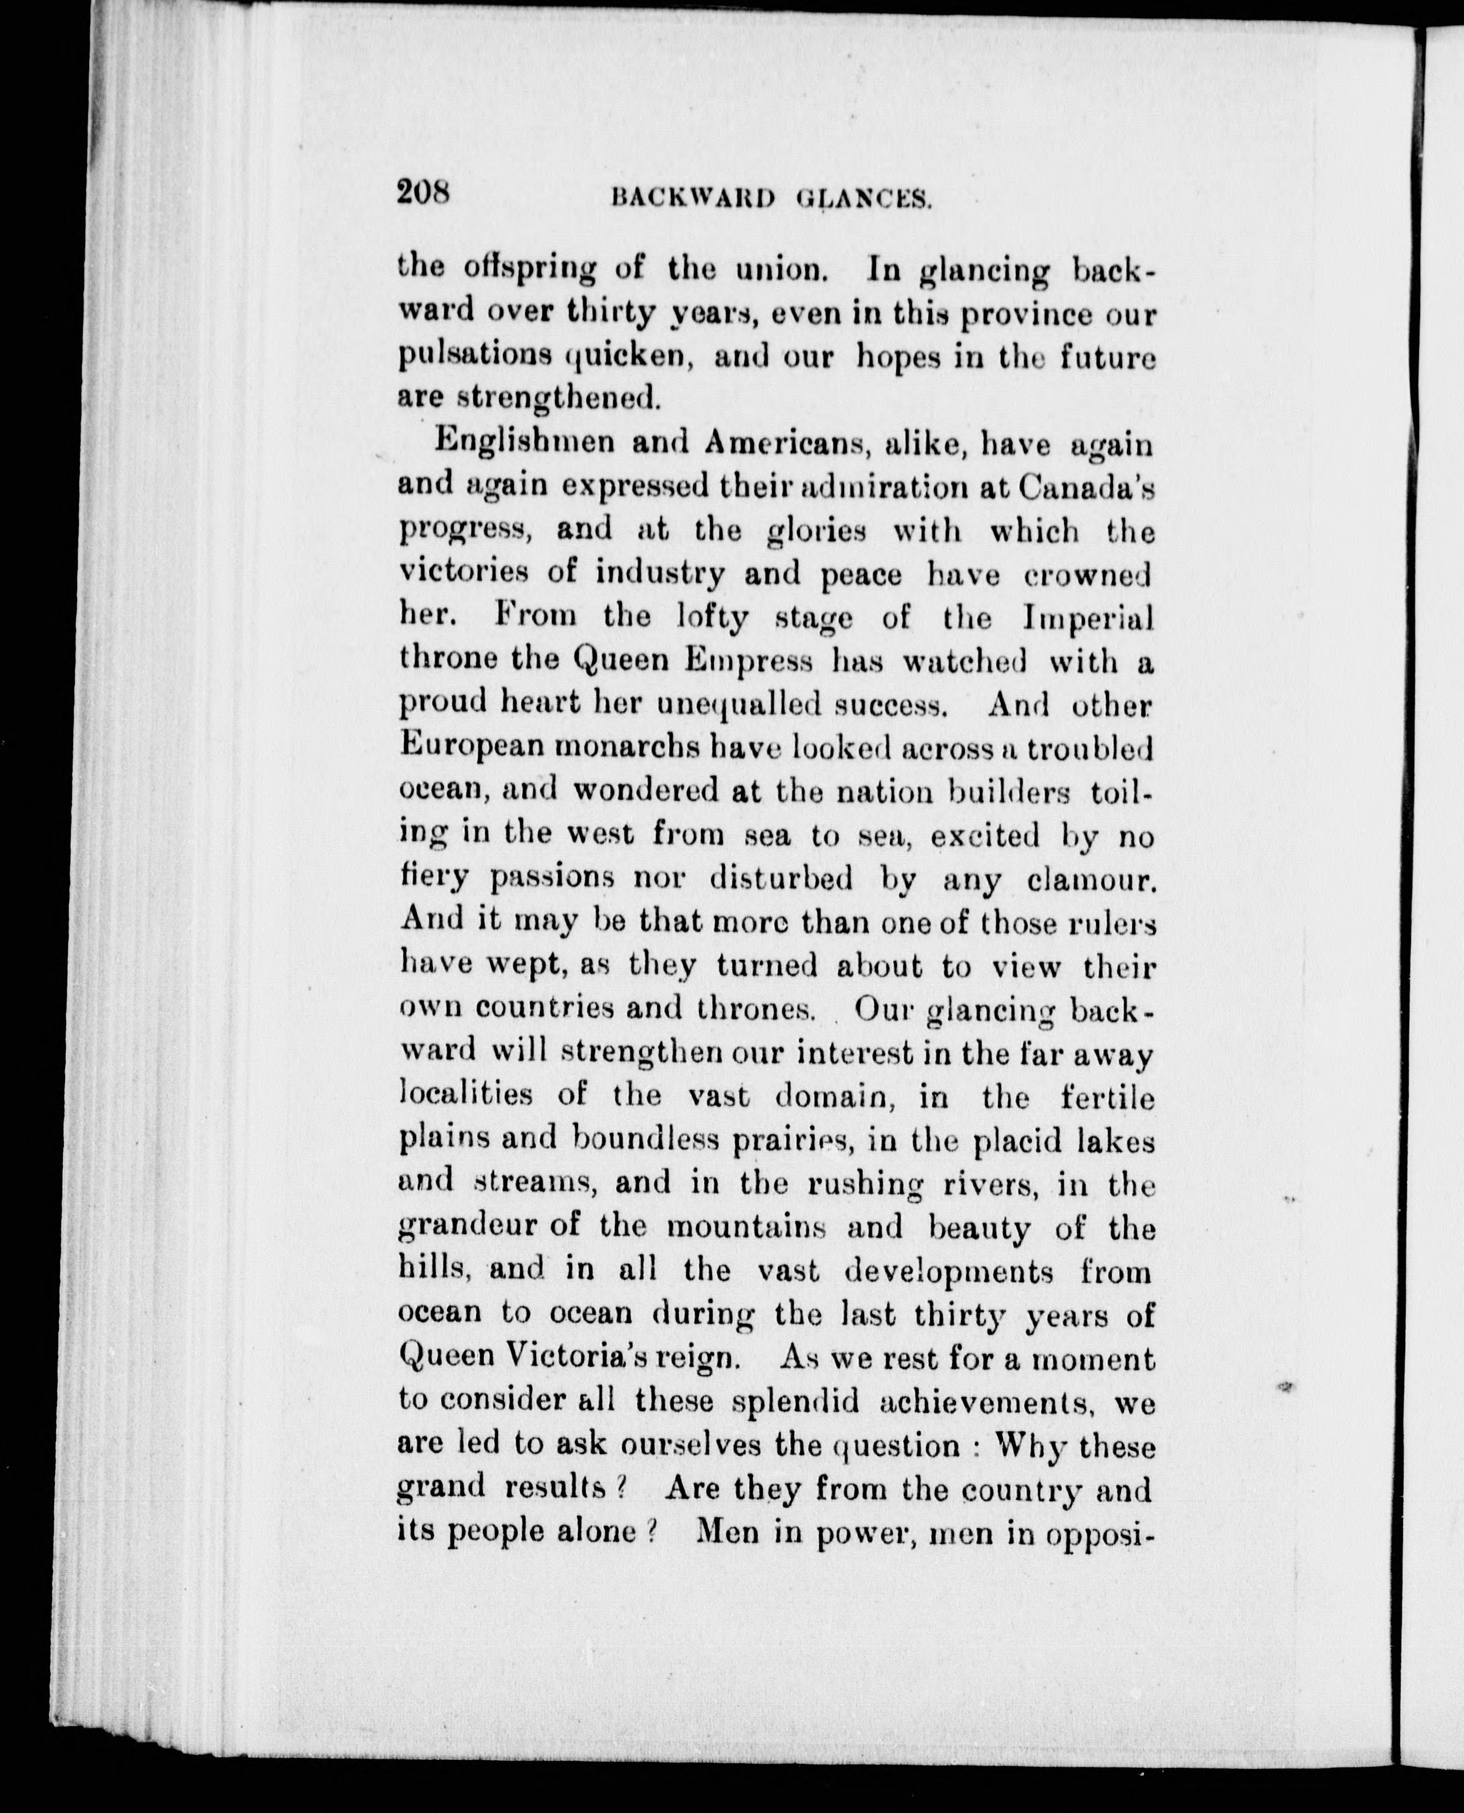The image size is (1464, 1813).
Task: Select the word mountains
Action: tap(746, 1228)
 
